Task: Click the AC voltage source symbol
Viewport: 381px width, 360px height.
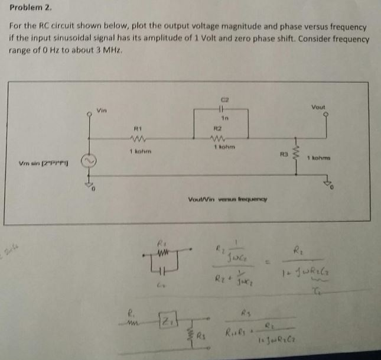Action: (90, 161)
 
